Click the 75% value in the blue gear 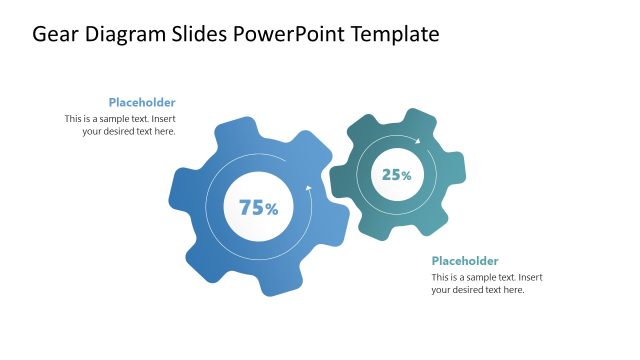(258, 208)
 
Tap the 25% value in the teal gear (397, 175)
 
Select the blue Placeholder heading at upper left (142, 102)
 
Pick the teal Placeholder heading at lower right (465, 261)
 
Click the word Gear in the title (57, 34)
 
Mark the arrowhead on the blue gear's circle (309, 188)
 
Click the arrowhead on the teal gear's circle (418, 141)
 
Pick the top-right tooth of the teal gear (424, 121)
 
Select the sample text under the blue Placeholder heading (120, 124)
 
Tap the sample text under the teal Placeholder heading (487, 283)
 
